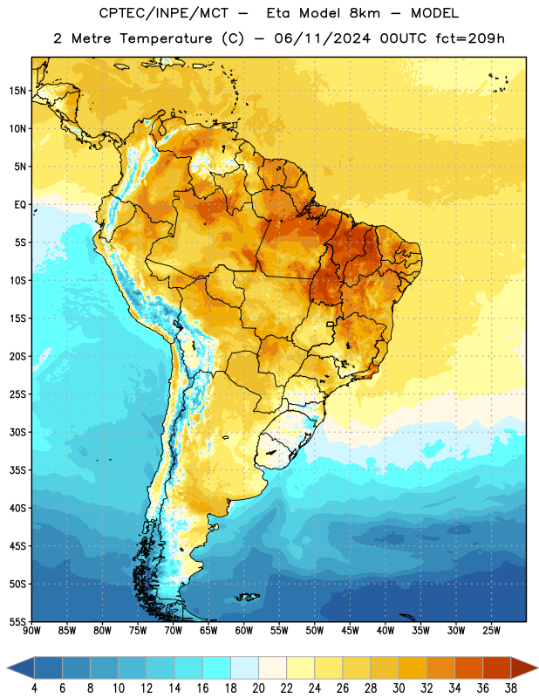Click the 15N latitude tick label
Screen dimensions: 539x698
[17, 91]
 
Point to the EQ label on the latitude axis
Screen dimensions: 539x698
[20, 205]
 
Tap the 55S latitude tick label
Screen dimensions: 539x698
[17, 621]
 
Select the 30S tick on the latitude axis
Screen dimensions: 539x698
[17, 432]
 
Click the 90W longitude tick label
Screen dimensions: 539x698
[32, 631]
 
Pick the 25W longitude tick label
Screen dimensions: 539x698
[491, 631]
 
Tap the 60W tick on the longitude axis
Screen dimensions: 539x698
[244, 631]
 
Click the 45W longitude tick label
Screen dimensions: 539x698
[350, 631]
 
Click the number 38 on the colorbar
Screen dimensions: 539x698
[510, 688]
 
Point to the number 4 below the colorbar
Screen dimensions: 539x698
[34, 688]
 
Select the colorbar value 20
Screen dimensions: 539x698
[258, 688]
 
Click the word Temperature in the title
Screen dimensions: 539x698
[166, 38]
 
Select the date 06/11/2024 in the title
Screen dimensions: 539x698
[322, 38]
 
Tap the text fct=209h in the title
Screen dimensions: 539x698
[470, 38]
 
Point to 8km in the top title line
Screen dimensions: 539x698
[365, 13]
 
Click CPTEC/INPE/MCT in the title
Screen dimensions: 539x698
[164, 13]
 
